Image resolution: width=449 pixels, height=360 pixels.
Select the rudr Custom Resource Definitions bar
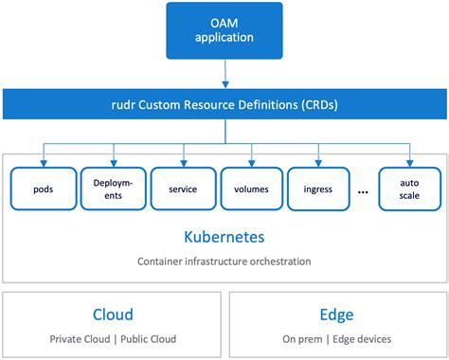click(224, 104)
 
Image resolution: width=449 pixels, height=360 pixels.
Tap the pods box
click(42, 189)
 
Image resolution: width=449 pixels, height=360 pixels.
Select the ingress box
click(319, 189)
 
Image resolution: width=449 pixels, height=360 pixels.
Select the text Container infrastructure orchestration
click(224, 261)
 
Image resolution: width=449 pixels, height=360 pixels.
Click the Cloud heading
click(113, 315)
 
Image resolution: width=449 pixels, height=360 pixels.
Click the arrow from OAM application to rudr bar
click(224, 72)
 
